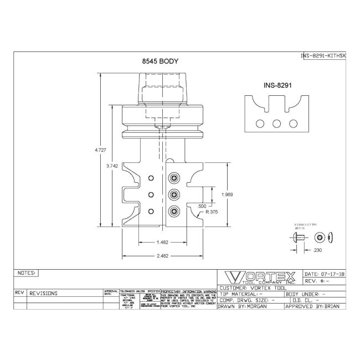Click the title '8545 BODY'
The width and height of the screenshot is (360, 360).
pos(160,63)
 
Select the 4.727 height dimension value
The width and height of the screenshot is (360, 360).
pos(101,150)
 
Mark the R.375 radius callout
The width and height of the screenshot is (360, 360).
pos(211,212)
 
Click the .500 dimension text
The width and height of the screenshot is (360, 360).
pos(203,206)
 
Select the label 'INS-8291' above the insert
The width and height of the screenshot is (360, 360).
pos(278,86)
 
